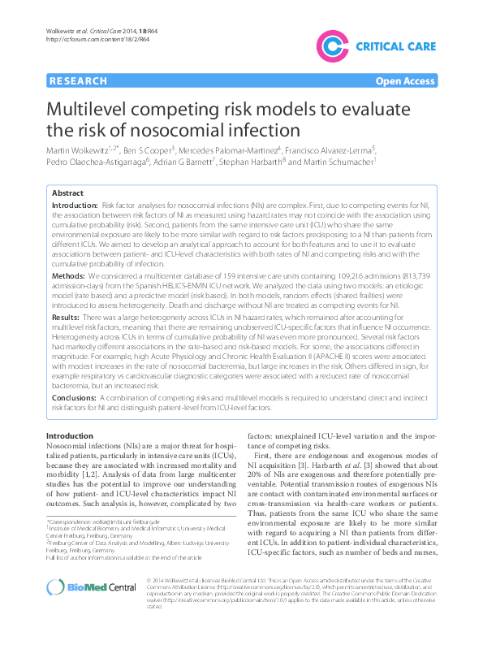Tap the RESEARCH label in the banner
click(78, 81)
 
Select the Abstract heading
click(67, 194)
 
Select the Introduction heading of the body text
click(75, 437)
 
